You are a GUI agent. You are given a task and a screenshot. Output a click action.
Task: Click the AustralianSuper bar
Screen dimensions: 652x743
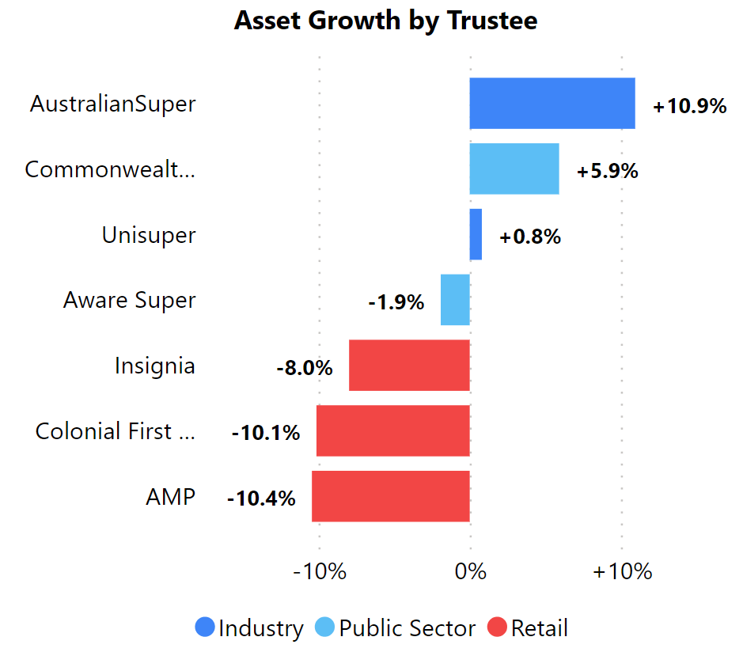[552, 104]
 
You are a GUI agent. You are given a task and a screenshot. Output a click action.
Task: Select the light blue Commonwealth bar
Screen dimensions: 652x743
[514, 169]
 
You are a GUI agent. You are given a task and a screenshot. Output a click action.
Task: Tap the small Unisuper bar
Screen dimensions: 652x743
[476, 234]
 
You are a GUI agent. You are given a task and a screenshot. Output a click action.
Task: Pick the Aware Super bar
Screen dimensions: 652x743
[455, 300]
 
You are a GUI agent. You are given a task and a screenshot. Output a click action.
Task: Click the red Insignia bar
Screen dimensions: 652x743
[409, 366]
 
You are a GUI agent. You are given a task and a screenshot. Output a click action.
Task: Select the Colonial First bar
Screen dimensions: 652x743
[393, 431]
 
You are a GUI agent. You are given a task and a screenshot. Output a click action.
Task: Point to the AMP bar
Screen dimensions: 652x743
[391, 497]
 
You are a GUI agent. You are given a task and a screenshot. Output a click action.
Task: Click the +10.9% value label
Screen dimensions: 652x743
[689, 106]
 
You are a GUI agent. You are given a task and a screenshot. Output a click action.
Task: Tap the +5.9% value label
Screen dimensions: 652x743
[607, 171]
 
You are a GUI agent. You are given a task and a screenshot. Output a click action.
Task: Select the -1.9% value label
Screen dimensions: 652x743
[396, 302]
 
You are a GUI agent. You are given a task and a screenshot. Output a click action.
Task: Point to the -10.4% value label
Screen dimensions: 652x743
[260, 498]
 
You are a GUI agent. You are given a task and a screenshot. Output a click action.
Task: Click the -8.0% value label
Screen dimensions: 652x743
[304, 368]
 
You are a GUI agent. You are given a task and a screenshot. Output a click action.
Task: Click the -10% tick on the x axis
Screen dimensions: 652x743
[320, 571]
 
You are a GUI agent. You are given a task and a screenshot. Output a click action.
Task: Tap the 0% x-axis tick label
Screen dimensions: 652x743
[471, 571]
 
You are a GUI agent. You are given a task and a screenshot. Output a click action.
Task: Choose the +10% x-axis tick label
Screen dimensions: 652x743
[622, 571]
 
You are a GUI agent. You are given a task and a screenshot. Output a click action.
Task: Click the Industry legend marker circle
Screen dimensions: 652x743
[205, 628]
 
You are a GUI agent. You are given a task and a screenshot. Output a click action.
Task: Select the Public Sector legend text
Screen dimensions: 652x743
[408, 628]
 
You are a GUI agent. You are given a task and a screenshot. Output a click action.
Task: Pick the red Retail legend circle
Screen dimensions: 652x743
[497, 628]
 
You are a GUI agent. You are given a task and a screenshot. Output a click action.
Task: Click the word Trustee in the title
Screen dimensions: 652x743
[491, 21]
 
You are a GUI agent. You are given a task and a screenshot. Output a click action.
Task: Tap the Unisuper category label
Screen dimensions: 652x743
[149, 235]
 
